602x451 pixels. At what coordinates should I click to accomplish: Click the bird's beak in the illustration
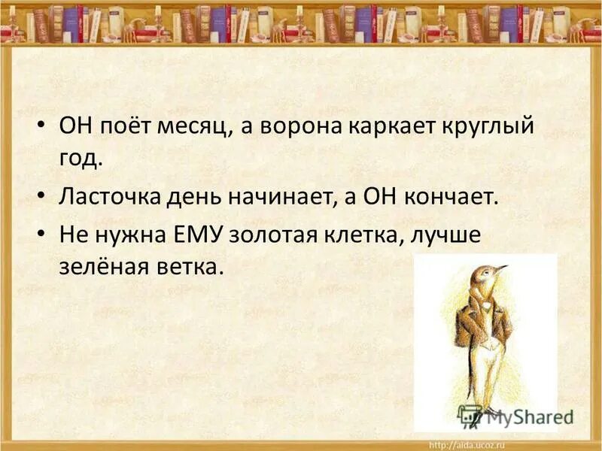[x=499, y=268]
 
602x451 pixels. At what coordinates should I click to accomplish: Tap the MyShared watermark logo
[x=515, y=415]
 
